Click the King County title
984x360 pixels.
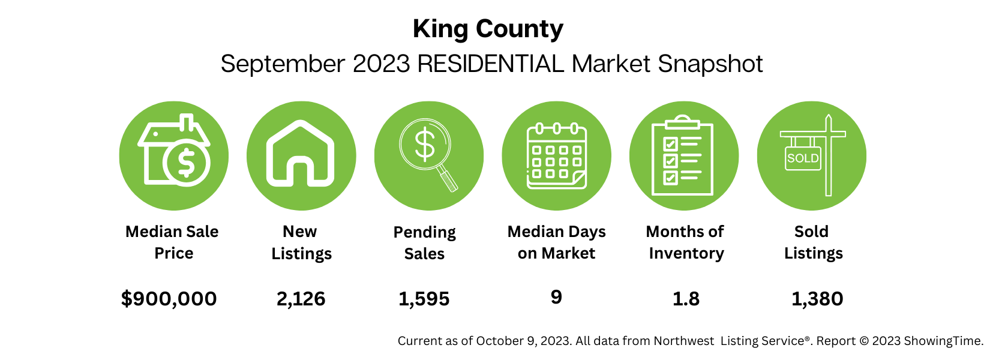488,29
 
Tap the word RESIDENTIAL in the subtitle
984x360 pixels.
490,64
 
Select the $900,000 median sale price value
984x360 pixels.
169,298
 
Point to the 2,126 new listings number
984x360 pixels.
301,298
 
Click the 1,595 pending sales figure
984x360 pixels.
424,298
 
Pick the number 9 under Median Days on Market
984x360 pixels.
556,297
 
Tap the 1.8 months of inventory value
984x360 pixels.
686,298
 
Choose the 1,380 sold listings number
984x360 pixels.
817,298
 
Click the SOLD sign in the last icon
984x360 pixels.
803,158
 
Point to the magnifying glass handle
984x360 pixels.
447,179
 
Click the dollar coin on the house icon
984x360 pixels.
186,163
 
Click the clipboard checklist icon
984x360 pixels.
683,157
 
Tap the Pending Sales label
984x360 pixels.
424,242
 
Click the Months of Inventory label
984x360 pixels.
685,242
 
